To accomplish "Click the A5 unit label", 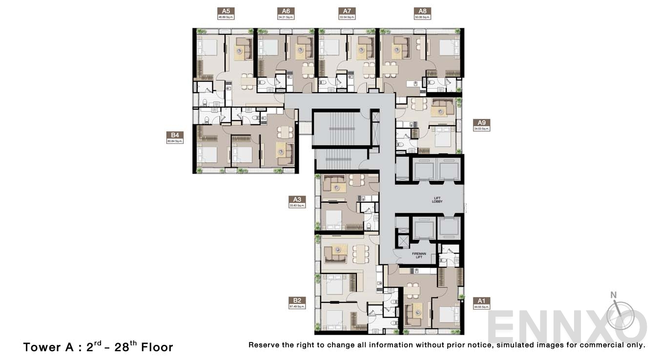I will (226, 11).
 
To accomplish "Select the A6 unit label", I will (286, 11).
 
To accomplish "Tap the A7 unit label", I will (347, 11).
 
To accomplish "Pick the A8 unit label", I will (422, 11).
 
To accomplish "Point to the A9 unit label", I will (481, 123).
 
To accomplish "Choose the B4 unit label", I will (174, 136).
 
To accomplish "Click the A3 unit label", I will (297, 200).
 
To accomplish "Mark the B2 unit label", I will (297, 300).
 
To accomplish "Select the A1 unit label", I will (481, 301).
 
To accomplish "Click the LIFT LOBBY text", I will (437, 200).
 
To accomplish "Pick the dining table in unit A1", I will (412, 291).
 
